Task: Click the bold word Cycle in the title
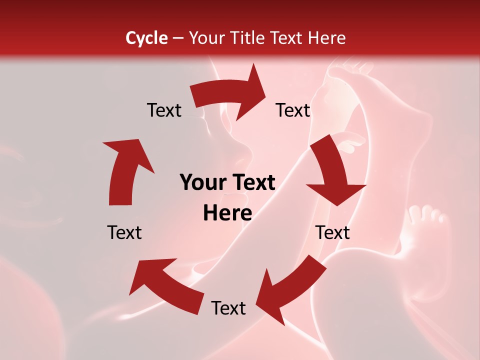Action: [x=146, y=38]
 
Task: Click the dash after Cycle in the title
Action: [x=178, y=38]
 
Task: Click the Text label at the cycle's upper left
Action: [x=164, y=110]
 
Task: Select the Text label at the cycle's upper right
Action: [x=293, y=110]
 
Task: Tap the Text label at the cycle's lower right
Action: [x=333, y=232]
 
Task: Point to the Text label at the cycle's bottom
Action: [x=228, y=308]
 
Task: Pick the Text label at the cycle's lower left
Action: [x=124, y=232]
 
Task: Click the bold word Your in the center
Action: [x=203, y=183]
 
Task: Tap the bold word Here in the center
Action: [x=227, y=213]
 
